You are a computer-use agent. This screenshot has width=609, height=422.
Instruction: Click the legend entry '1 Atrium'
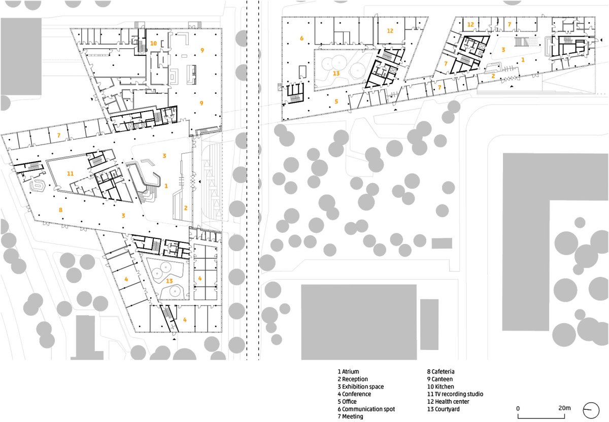click(x=348, y=371)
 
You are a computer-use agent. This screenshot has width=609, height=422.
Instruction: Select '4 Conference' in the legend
click(x=354, y=394)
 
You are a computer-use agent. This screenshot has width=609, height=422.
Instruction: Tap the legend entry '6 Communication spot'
click(x=366, y=409)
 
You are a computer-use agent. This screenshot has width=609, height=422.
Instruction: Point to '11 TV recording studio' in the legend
click(x=455, y=394)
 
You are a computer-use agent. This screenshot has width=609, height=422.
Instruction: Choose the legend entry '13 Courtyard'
click(x=444, y=409)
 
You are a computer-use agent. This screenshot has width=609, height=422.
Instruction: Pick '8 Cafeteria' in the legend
click(x=441, y=371)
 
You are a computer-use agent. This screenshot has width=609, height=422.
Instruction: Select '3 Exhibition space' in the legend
click(x=361, y=386)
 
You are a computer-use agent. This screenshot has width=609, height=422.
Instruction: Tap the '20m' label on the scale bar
click(x=565, y=408)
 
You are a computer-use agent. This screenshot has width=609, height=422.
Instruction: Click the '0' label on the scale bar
click(x=518, y=408)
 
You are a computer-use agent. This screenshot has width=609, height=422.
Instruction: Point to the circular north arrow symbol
click(x=591, y=410)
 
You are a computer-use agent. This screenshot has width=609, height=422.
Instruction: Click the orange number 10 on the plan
click(x=153, y=43)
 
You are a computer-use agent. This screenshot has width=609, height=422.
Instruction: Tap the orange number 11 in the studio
click(x=70, y=173)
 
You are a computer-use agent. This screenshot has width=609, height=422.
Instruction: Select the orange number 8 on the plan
click(x=60, y=210)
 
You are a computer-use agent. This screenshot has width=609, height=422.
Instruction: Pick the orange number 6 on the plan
click(x=301, y=39)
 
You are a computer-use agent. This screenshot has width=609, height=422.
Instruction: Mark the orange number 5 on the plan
click(x=336, y=101)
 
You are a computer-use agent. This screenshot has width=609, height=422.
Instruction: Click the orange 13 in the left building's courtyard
click(x=170, y=280)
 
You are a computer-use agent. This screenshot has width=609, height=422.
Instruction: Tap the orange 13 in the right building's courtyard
click(x=336, y=74)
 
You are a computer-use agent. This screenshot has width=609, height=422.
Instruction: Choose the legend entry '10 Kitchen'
click(x=441, y=386)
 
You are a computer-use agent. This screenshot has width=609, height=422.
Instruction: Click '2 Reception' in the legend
click(x=353, y=379)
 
